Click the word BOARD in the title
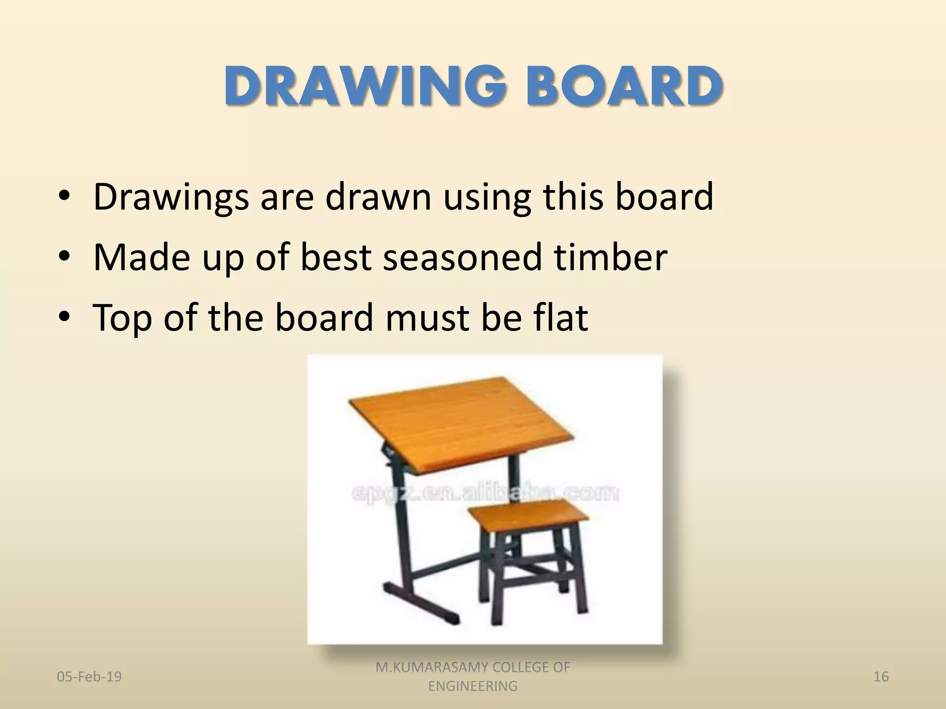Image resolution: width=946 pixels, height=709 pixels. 621,86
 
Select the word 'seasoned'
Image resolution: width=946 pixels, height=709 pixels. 462,257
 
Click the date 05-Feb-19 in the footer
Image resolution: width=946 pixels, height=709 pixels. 89,677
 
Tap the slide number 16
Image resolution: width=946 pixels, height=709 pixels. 881,677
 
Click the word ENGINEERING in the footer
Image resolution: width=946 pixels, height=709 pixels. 473,686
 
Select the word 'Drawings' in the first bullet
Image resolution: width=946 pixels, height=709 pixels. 171,198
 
